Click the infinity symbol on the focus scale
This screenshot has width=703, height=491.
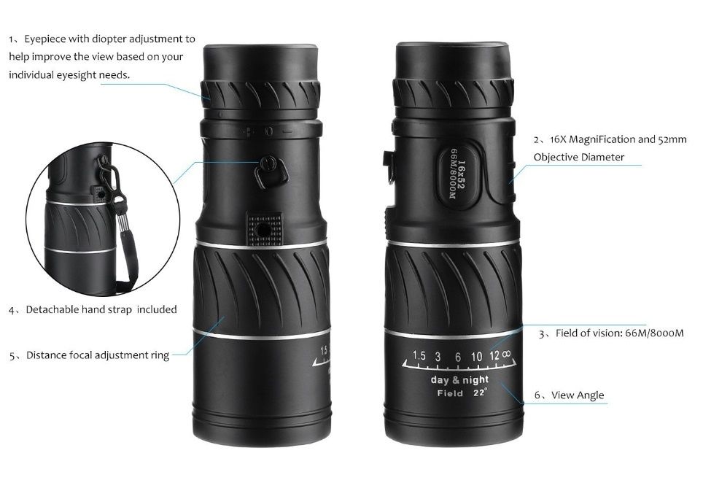505,355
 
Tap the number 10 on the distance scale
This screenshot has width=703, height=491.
476,356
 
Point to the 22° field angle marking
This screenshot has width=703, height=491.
480,393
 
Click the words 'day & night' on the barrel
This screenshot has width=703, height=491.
459,379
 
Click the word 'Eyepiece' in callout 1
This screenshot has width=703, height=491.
47,39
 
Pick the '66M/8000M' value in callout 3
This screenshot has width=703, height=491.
654,333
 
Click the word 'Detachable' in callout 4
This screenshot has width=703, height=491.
53,309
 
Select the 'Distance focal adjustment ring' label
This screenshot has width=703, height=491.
98,355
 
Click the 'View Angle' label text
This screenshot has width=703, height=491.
578,395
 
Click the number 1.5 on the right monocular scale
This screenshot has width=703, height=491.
419,356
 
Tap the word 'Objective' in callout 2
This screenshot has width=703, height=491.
558,157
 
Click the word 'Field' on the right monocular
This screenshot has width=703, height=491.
450,394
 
